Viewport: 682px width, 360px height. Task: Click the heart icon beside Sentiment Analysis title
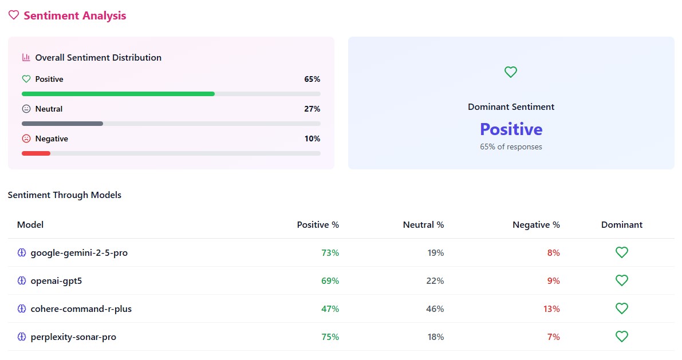14,15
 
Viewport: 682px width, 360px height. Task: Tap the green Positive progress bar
118,94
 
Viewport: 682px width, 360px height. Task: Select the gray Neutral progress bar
62,124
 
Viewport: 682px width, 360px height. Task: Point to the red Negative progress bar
36,153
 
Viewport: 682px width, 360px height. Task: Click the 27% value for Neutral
312,109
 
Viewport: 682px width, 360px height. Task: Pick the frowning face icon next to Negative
26,139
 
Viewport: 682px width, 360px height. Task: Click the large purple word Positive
511,129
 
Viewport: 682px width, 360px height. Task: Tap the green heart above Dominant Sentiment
511,72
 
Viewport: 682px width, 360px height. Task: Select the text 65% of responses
511,147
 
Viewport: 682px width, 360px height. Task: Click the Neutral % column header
423,225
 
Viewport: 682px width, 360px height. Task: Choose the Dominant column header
622,225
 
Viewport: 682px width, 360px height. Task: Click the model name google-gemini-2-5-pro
79,252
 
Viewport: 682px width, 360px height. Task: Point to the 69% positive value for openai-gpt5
330,281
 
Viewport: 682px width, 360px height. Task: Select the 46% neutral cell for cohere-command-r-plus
435,309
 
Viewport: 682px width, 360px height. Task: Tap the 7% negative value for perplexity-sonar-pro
553,337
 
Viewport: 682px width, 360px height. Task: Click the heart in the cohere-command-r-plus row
622,308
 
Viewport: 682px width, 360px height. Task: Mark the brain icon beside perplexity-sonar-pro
22,337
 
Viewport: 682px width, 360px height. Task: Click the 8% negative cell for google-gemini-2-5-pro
553,252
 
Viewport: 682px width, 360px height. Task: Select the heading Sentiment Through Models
65,195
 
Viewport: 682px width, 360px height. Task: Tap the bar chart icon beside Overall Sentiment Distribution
26,57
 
